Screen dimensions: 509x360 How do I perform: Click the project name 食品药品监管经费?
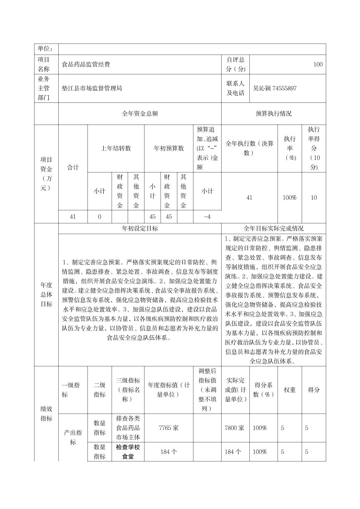pyautogui.click(x=86, y=65)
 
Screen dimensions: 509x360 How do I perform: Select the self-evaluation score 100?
pyautogui.click(x=318, y=65)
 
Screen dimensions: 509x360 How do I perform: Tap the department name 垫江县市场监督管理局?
pyautogui.click(x=92, y=88)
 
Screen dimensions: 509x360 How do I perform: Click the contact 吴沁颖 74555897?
pyautogui.click(x=275, y=88)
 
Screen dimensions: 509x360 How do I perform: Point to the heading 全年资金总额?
pyautogui.click(x=140, y=114)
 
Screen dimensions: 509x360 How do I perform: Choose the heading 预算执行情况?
pyautogui.click(x=274, y=114)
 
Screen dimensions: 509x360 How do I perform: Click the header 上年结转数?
pyautogui.click(x=116, y=148)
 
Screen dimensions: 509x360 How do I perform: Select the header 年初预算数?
pyautogui.click(x=169, y=148)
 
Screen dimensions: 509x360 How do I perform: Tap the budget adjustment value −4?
pyautogui.click(x=207, y=217)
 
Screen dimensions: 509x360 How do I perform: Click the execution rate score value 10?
pyautogui.click(x=313, y=198)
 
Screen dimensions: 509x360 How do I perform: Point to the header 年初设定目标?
pyautogui.click(x=140, y=228)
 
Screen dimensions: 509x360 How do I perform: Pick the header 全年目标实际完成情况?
pyautogui.click(x=274, y=228)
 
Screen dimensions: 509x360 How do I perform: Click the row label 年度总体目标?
pyautogui.click(x=46, y=294)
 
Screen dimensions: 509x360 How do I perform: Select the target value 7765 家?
pyautogui.click(x=169, y=428)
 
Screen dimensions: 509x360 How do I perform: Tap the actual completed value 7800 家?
pyautogui.click(x=235, y=428)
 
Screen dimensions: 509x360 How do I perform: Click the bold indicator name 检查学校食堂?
pyautogui.click(x=128, y=452)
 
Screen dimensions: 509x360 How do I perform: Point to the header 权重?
pyautogui.click(x=290, y=390)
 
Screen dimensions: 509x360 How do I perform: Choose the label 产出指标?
pyautogui.click(x=73, y=437)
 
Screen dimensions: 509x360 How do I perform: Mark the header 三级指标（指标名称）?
pyautogui.click(x=128, y=390)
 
